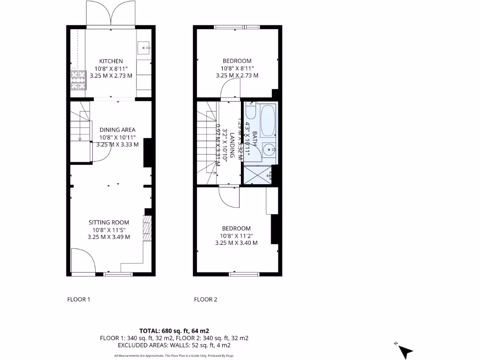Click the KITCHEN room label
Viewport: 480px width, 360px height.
pyautogui.click(x=111, y=61)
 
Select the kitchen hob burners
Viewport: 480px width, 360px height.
pyautogui.click(x=78, y=80)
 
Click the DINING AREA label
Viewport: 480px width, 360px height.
pyautogui.click(x=117, y=130)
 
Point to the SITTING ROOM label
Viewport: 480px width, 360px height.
pyautogui.click(x=109, y=223)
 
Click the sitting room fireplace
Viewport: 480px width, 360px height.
pyautogui.click(x=148, y=229)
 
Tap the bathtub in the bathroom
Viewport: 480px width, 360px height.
pyautogui.click(x=268, y=121)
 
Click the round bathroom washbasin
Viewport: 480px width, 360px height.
pyautogui.click(x=268, y=150)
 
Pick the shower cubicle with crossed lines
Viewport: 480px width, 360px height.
pyautogui.click(x=257, y=175)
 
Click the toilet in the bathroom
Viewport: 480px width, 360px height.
pyautogui.click(x=250, y=112)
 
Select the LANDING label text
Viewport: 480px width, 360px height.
pyautogui.click(x=232, y=145)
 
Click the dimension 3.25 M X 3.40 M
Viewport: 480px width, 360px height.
pyautogui.click(x=236, y=243)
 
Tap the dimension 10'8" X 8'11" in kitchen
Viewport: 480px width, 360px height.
pyautogui.click(x=111, y=68)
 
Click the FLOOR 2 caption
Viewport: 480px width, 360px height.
pyautogui.click(x=206, y=300)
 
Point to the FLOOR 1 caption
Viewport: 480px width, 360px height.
pyautogui.click(x=79, y=300)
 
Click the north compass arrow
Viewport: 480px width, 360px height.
pyautogui.click(x=405, y=350)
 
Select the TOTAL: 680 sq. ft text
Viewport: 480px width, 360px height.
pyautogui.click(x=173, y=330)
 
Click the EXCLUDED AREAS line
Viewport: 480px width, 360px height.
pyautogui.click(x=173, y=345)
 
